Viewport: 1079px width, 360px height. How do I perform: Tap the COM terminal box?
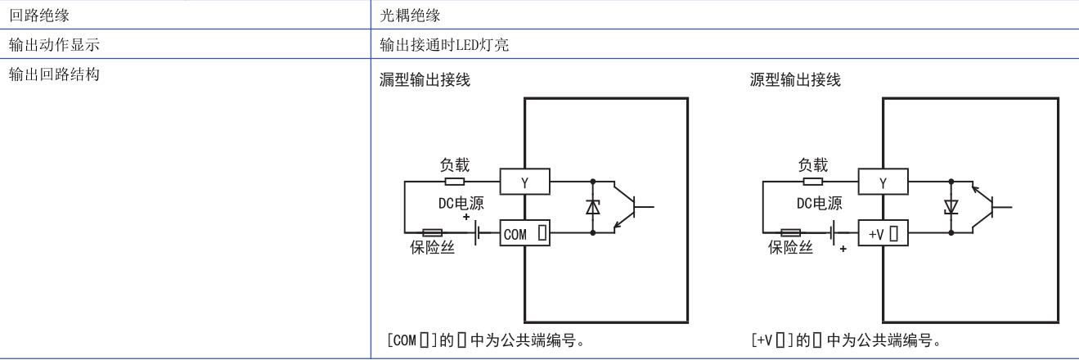(524, 235)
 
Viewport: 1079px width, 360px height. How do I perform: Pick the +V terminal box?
(883, 235)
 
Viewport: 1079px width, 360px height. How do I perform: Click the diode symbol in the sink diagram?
(591, 208)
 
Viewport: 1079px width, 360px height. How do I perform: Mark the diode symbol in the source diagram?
(951, 208)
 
